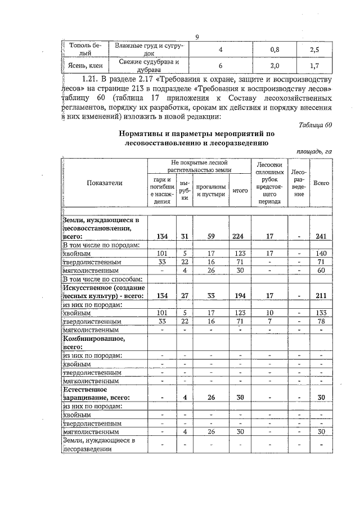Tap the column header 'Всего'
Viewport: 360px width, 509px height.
pos(321,183)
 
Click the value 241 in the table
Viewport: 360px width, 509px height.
pos(321,237)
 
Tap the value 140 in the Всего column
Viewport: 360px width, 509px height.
pos(321,253)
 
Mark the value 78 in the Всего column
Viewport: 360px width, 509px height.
pos(321,321)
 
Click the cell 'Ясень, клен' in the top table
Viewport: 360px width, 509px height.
pos(81,65)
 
